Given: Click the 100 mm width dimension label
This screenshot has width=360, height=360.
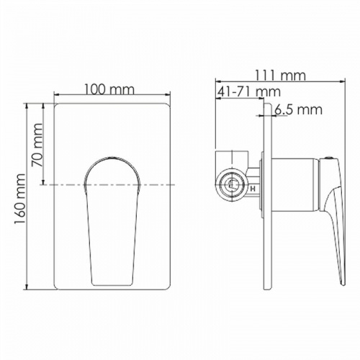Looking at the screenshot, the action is (x=109, y=90).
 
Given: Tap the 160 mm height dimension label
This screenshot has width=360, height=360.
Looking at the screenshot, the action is (x=19, y=199).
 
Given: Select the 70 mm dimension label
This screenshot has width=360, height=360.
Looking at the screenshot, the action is (x=37, y=145).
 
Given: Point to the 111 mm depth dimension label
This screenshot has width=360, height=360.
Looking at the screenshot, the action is (x=280, y=76).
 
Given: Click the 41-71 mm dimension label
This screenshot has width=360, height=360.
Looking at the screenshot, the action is (x=248, y=91).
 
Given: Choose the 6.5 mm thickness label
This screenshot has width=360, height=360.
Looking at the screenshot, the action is (x=298, y=110).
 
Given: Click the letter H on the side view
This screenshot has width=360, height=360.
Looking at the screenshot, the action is (x=253, y=189).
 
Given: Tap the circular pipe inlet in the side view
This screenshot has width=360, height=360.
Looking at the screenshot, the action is (x=231, y=185).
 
